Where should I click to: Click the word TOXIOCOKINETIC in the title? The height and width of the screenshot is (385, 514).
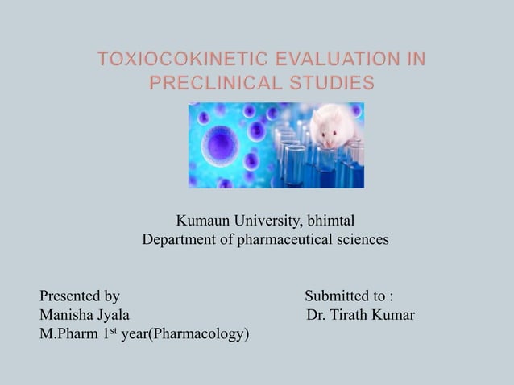(x=176, y=59)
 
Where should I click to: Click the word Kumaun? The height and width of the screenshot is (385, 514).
(x=201, y=220)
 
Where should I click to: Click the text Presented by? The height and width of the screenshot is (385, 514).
(x=80, y=296)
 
